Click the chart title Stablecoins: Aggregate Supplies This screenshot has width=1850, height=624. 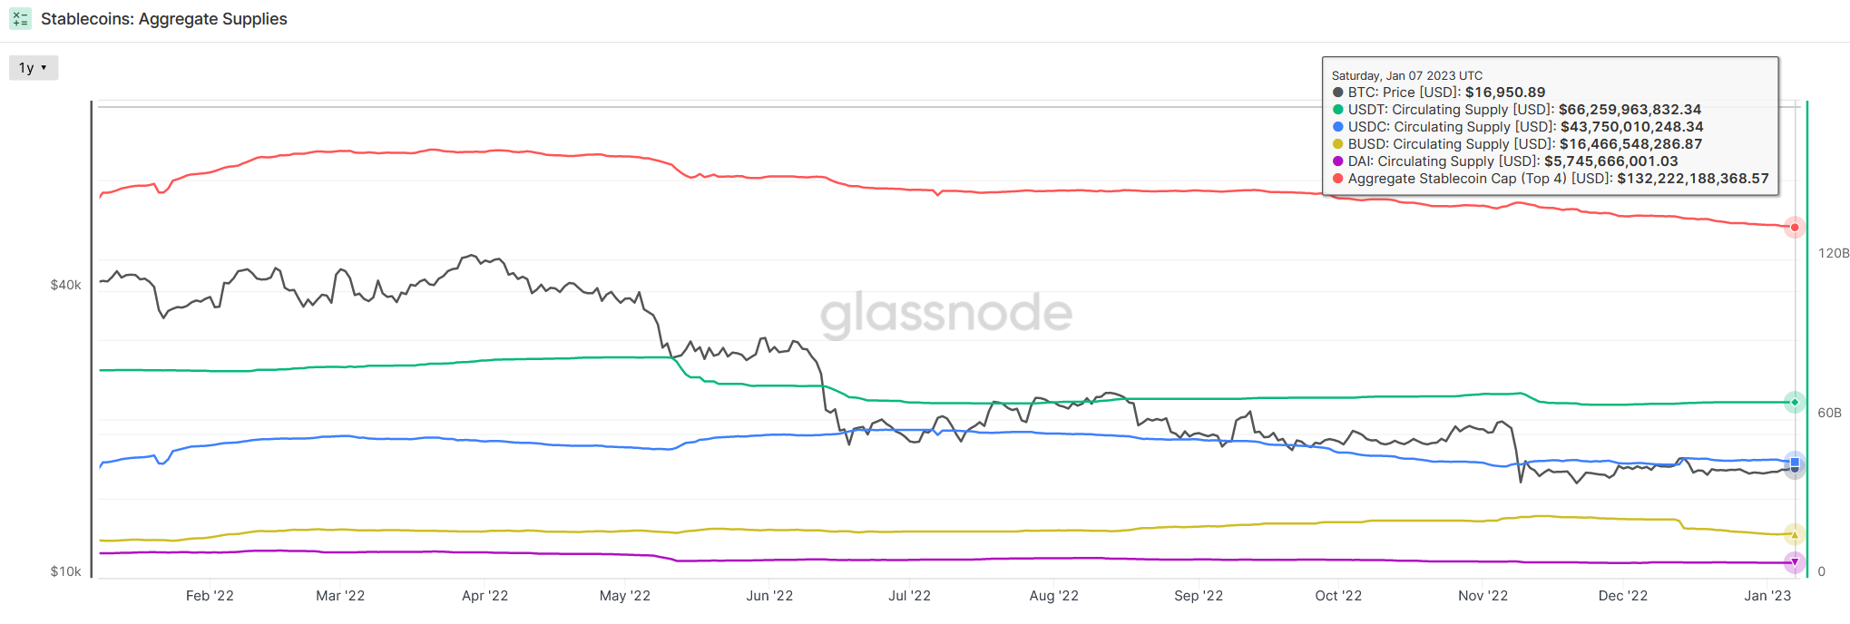click(163, 19)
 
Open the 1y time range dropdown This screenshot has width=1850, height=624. click(33, 68)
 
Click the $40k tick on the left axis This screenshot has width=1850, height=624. click(65, 285)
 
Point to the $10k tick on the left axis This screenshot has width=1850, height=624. click(65, 571)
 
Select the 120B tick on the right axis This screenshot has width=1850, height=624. click(1833, 253)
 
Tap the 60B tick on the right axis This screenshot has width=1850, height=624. click(1829, 413)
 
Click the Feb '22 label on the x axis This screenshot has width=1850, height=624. click(210, 596)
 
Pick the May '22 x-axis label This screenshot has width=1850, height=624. click(624, 596)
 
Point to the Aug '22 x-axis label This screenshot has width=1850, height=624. click(1053, 596)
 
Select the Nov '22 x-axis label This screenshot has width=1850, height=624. click(1483, 596)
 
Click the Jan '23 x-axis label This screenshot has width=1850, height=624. click(1767, 596)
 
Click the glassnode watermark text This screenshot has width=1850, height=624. click(946, 313)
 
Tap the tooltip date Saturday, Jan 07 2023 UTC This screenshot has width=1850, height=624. click(1406, 76)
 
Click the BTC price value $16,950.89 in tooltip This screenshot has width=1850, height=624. click(1505, 93)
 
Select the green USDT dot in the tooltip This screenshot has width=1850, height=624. click(1338, 110)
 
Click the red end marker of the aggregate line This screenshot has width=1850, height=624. click(1795, 228)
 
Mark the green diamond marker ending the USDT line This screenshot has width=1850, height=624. click(1795, 402)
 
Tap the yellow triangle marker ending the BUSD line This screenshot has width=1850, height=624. click(1795, 534)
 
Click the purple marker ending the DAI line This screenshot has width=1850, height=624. click(1795, 562)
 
